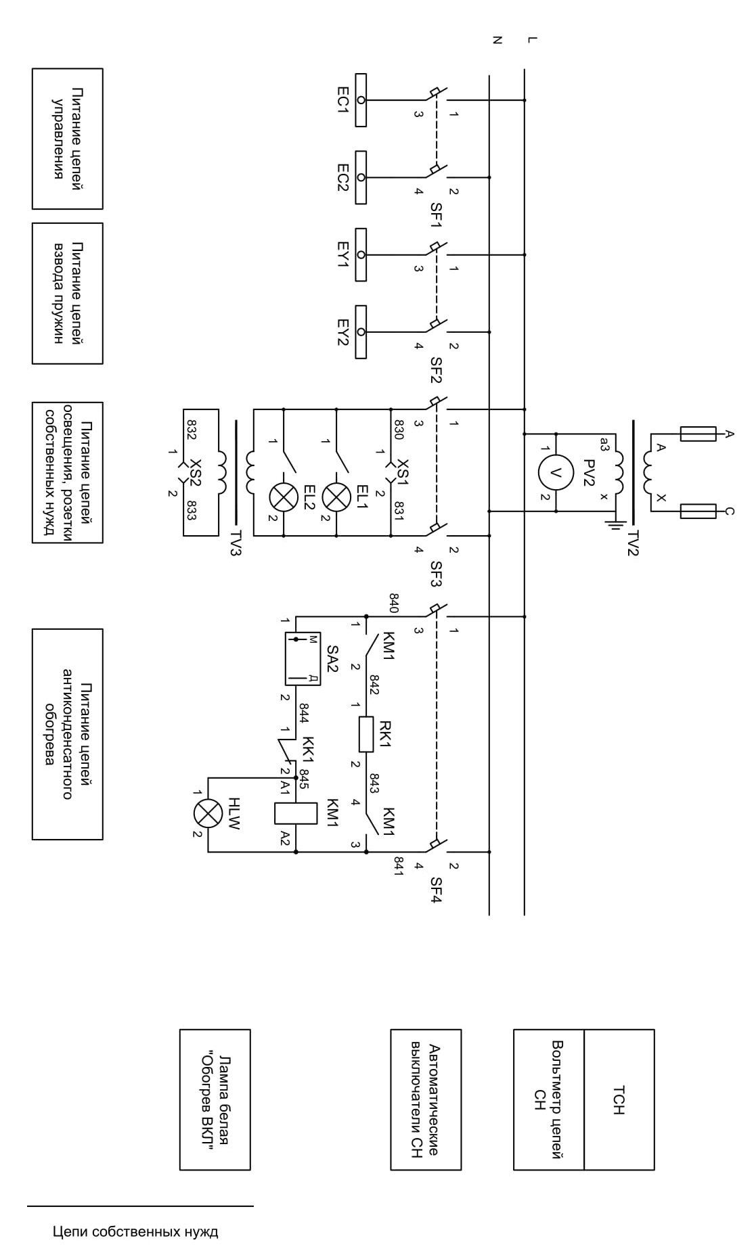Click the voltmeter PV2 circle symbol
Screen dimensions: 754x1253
click(x=556, y=472)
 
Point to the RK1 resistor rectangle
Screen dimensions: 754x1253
click(x=366, y=735)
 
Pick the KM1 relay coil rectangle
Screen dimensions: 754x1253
click(x=296, y=813)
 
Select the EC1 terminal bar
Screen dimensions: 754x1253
click(x=361, y=100)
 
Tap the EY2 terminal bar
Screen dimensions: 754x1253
click(x=361, y=332)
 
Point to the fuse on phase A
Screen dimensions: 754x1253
click(x=698, y=434)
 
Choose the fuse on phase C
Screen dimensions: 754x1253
click(x=698, y=511)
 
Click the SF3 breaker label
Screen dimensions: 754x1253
click(x=436, y=573)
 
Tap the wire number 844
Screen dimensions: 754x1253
click(x=305, y=712)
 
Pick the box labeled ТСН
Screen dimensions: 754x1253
click(x=619, y=1099)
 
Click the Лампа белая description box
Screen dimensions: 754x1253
click(x=215, y=1099)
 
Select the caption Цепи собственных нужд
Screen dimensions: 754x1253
click(x=135, y=1231)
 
